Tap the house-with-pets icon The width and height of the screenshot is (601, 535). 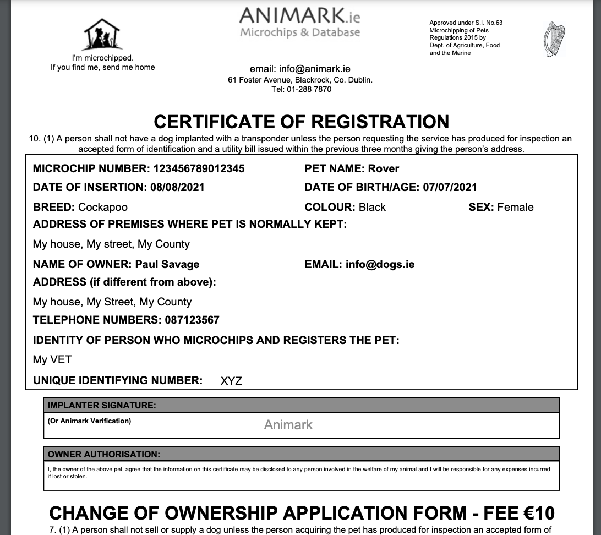[102, 34]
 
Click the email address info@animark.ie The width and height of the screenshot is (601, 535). [315, 69]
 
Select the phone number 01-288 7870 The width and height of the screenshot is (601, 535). [309, 89]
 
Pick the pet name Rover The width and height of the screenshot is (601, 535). [384, 168]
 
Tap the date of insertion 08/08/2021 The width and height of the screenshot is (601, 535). [177, 187]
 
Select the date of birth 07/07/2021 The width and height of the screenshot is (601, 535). [450, 187]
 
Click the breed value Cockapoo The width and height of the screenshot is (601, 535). [103, 207]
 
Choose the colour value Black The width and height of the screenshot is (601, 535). [372, 207]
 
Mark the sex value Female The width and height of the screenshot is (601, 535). [515, 207]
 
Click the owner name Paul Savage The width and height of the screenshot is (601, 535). [167, 264]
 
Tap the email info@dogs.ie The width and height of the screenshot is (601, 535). [380, 264]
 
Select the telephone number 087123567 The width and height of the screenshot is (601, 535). [192, 320]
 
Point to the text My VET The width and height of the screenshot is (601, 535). [52, 359]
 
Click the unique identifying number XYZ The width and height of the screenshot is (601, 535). [231, 381]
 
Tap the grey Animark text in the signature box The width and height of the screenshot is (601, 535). [288, 425]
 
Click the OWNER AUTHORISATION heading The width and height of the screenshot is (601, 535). [104, 455]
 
